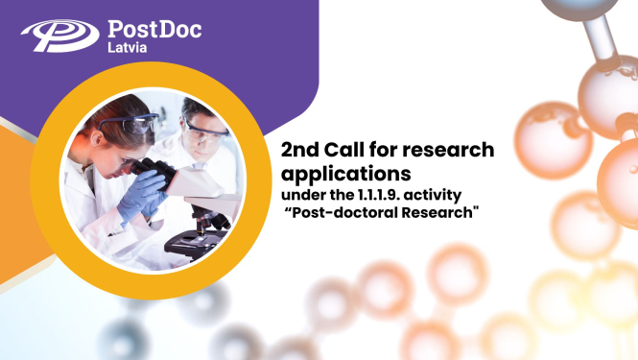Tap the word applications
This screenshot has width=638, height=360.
click(x=345, y=174)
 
